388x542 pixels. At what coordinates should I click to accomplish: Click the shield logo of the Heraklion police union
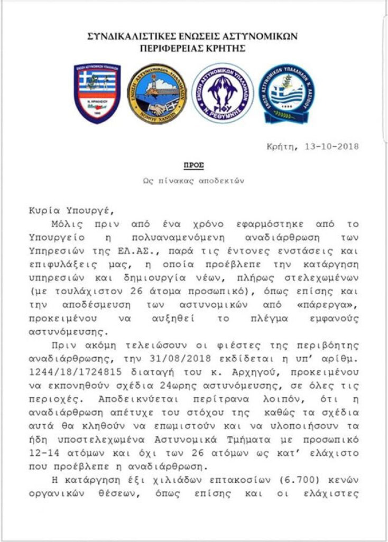point(97,93)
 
